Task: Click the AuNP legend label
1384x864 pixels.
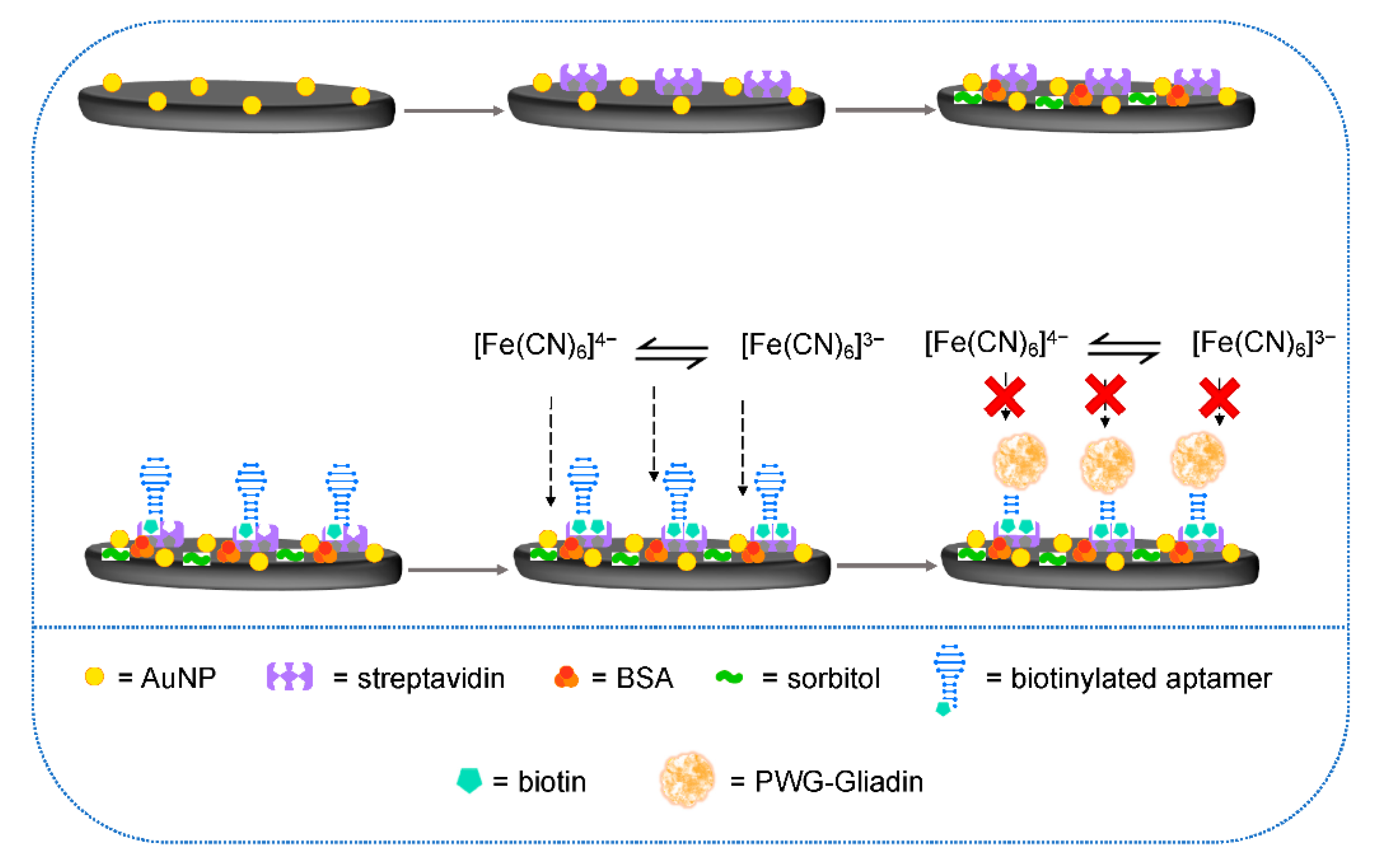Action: click(178, 678)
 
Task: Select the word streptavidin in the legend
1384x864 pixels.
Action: click(430, 678)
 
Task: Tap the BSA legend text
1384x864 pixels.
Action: click(644, 678)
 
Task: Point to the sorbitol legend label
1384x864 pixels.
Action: click(833, 678)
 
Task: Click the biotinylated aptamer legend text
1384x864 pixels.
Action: click(1141, 678)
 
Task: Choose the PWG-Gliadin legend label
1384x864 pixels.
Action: click(838, 781)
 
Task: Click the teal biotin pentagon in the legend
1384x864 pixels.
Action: click(469, 781)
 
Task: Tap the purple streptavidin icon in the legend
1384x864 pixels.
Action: click(290, 677)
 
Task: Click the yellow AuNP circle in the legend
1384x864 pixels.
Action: click(94, 677)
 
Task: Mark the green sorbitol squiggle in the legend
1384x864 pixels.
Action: click(729, 678)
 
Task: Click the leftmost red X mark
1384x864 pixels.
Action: click(1004, 396)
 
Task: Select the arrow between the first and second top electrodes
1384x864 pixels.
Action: click(453, 110)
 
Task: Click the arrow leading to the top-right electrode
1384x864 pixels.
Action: click(885, 110)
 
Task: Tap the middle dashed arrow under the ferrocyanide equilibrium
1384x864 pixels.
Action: click(654, 434)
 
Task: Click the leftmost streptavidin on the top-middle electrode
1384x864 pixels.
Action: click(583, 77)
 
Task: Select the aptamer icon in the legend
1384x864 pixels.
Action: click(949, 677)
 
